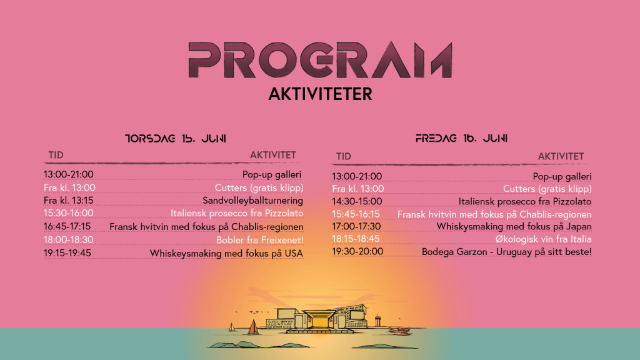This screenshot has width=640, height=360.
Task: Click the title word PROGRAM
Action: tap(321, 59)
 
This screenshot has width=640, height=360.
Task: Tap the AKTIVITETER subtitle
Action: tap(321, 94)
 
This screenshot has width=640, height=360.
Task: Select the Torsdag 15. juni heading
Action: tap(176, 138)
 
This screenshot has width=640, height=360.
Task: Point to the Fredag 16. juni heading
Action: tap(461, 138)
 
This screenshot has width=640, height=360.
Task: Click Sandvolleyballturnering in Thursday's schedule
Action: tap(252, 201)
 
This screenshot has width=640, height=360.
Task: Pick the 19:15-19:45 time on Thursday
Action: tap(67, 253)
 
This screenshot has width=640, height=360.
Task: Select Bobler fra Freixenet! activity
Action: tap(260, 239)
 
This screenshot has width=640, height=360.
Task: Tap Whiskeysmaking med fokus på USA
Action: tap(226, 254)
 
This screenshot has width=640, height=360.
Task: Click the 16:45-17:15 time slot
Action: tap(67, 226)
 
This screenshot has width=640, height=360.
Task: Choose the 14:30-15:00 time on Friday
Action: tap(357, 201)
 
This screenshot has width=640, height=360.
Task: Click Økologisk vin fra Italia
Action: tap(544, 239)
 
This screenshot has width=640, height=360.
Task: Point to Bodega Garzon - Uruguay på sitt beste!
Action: tap(506, 252)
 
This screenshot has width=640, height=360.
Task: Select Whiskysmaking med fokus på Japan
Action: tap(514, 226)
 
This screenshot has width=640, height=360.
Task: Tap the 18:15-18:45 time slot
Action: tap(356, 239)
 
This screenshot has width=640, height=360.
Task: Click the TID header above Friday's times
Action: tap(344, 156)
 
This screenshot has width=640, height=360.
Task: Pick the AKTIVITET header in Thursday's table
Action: tap(273, 155)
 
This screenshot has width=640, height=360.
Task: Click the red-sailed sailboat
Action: tap(253, 327)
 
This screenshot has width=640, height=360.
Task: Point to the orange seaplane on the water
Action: tap(399, 330)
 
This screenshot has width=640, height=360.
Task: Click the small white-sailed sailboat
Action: tap(232, 327)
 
